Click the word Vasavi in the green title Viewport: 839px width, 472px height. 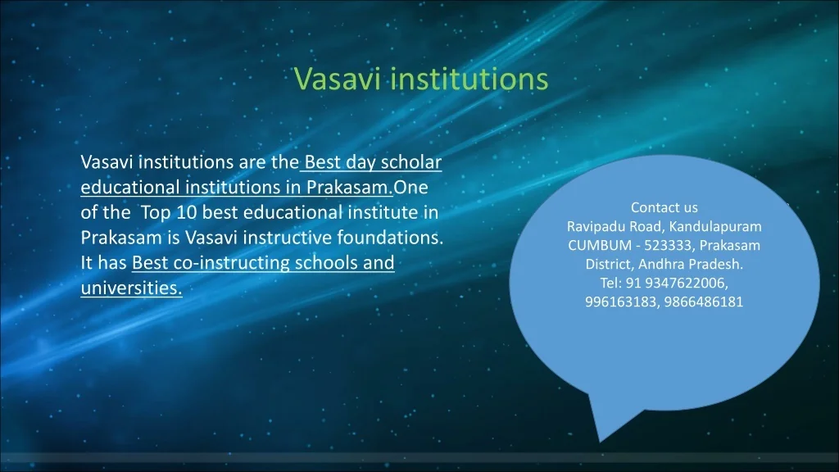tap(338, 79)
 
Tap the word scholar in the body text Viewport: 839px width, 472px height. tap(411, 161)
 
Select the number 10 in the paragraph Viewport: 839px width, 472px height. tap(187, 212)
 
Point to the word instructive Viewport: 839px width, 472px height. tap(288, 238)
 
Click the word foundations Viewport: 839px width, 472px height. tap(390, 237)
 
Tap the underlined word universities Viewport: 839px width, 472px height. tap(132, 288)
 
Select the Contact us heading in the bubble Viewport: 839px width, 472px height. tap(664, 207)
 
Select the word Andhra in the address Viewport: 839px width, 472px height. tap(659, 264)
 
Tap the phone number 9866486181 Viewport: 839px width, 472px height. tap(704, 302)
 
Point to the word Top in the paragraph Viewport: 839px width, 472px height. tap(155, 213)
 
